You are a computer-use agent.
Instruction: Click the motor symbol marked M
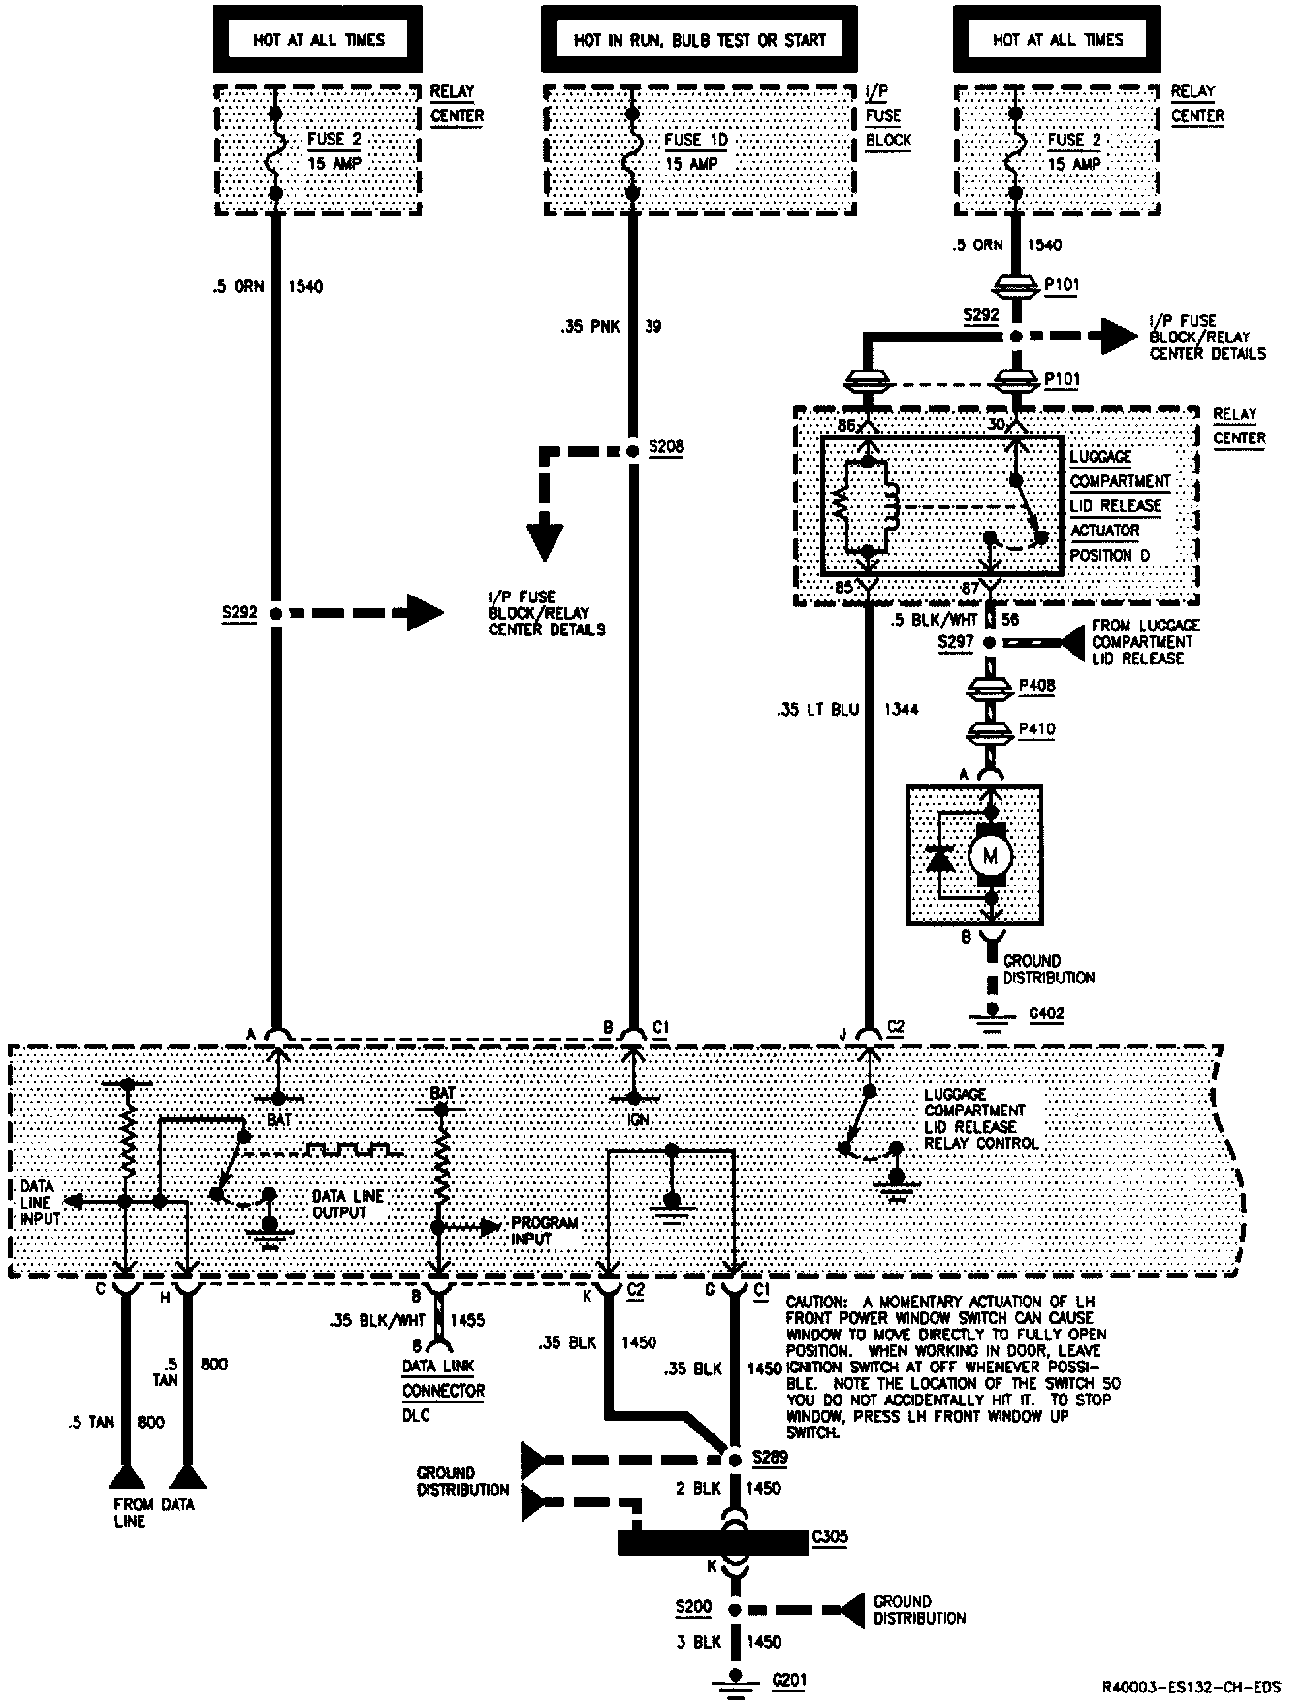[x=991, y=854]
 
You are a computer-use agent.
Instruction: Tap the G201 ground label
[x=789, y=1679]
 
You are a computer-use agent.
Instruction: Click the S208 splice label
[x=666, y=447]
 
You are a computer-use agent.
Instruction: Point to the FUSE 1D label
[x=695, y=140]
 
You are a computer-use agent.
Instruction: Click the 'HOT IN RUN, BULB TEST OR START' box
[x=699, y=40]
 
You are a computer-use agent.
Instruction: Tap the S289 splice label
[x=770, y=1458]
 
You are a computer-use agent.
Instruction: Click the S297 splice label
[x=955, y=642]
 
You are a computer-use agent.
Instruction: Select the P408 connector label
[x=1036, y=685]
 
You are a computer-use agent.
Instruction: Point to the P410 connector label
[x=1036, y=728]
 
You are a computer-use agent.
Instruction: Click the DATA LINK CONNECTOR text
[x=444, y=1377]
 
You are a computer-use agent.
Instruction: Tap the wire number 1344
[x=900, y=709]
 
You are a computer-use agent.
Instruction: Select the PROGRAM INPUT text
[x=545, y=1230]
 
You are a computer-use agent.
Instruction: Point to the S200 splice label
[x=694, y=1607]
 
